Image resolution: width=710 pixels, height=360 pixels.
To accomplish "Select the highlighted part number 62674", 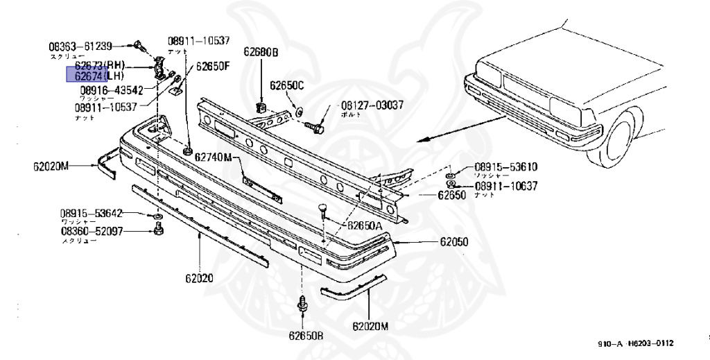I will click(84, 75).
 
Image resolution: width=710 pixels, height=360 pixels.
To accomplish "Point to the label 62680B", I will click(260, 52).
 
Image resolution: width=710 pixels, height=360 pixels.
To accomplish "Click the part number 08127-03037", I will click(371, 105).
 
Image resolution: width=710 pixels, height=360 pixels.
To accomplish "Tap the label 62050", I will click(453, 242).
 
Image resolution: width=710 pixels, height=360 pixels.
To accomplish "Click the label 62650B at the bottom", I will click(306, 336).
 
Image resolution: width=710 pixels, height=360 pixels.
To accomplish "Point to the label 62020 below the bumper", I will click(199, 278).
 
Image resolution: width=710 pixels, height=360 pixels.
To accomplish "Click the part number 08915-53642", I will click(91, 213).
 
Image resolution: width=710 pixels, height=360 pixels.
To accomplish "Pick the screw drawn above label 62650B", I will click(302, 305).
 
